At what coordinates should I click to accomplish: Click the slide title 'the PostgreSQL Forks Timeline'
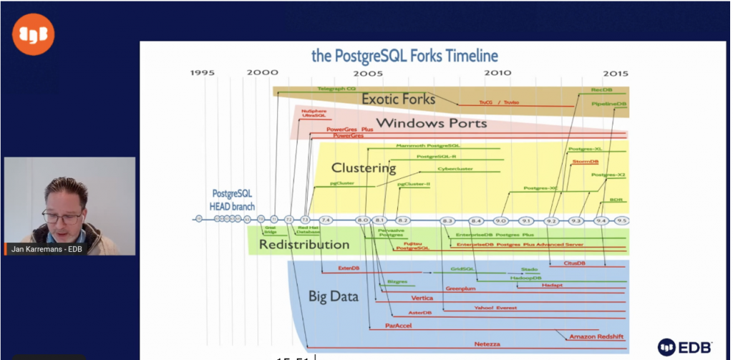[x=404, y=56]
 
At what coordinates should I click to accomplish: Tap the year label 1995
[x=203, y=73]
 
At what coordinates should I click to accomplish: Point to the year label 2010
[x=497, y=73]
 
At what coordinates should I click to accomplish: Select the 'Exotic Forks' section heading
[x=398, y=98]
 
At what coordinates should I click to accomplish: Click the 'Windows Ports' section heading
[x=431, y=123]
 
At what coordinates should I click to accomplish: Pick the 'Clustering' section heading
[x=363, y=168]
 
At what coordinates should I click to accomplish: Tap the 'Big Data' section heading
[x=333, y=296]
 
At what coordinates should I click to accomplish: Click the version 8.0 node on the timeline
[x=362, y=220]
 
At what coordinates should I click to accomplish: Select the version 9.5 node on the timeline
[x=622, y=220]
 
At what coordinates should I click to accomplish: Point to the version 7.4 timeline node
[x=326, y=220]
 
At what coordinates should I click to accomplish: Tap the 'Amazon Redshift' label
[x=597, y=336]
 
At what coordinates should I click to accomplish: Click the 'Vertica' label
[x=422, y=298]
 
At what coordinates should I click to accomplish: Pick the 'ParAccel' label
[x=397, y=326]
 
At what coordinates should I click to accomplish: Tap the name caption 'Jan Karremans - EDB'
[x=46, y=249]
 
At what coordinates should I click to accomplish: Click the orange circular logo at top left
[x=33, y=35]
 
